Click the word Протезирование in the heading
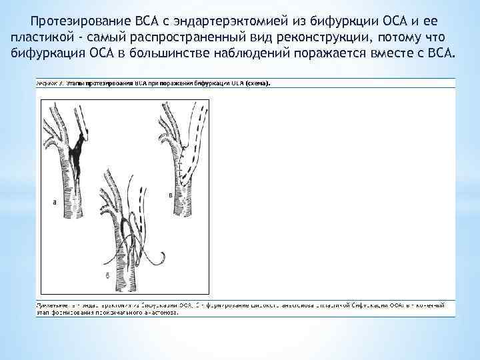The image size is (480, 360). (75, 21)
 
